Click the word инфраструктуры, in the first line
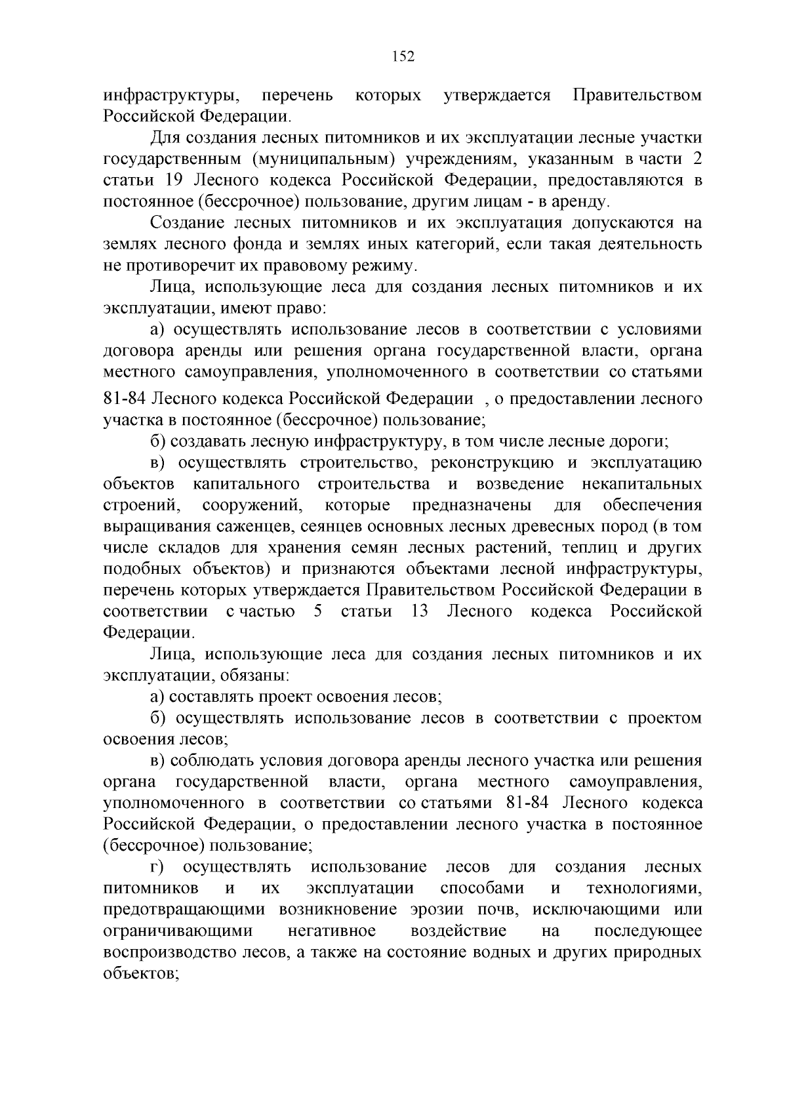[172, 96]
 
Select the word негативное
[331, 931]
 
